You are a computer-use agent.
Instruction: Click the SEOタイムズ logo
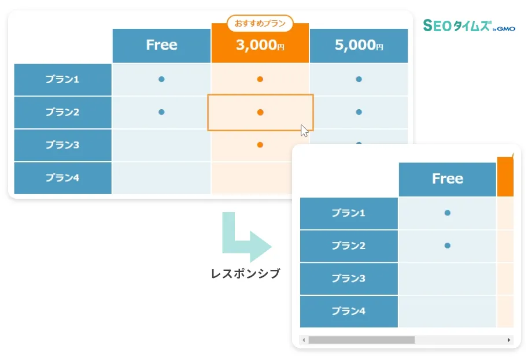(469, 25)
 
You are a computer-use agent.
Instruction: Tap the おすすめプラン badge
(260, 23)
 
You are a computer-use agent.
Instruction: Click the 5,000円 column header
(359, 46)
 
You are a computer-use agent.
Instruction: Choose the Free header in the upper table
(161, 46)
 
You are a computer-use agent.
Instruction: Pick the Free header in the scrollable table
(447, 179)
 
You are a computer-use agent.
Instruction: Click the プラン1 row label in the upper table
(62, 80)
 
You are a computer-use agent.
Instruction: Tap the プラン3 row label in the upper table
(62, 146)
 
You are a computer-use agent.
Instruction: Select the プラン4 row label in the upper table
(62, 178)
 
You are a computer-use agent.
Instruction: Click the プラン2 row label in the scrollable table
(349, 246)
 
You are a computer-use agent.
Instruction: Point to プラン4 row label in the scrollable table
(349, 311)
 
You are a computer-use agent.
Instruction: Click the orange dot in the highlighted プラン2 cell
(260, 112)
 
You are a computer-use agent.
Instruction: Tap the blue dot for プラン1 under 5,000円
(359, 79)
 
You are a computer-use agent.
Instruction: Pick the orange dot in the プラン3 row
(260, 145)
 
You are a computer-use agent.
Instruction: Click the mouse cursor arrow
(304, 130)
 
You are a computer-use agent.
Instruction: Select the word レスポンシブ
(245, 273)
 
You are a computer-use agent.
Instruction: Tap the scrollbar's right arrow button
(509, 340)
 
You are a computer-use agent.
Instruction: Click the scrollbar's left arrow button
(304, 340)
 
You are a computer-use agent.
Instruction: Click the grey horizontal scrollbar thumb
(361, 340)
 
